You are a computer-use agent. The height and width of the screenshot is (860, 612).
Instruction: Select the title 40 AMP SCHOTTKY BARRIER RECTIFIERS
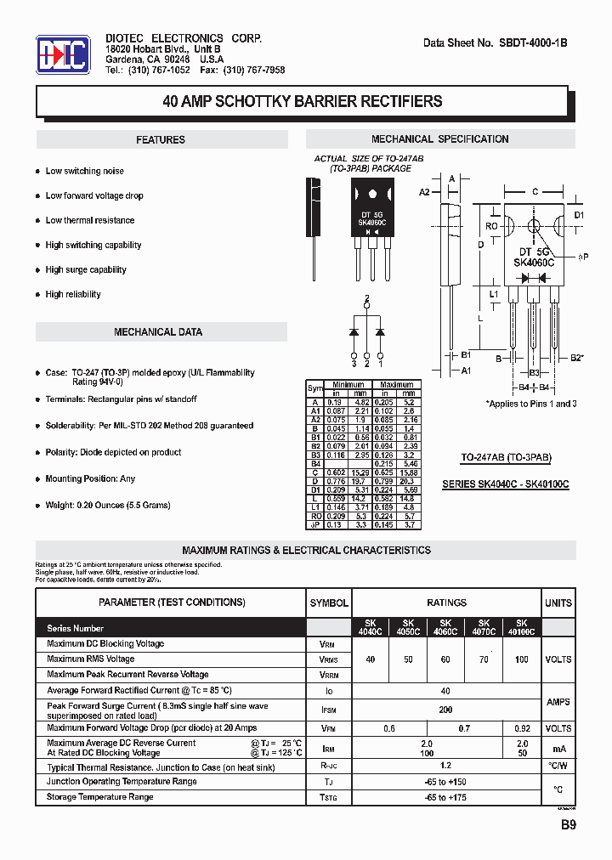(x=302, y=102)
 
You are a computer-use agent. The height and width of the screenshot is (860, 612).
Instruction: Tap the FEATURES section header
(x=161, y=140)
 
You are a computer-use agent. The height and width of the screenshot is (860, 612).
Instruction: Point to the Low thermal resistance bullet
(x=89, y=220)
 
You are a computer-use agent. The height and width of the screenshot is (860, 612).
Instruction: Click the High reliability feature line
(x=73, y=294)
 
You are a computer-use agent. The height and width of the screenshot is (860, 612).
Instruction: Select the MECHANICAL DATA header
(x=158, y=332)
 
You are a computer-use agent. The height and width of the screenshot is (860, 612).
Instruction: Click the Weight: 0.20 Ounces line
(x=108, y=505)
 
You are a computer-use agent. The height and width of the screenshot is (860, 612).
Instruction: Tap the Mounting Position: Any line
(x=90, y=478)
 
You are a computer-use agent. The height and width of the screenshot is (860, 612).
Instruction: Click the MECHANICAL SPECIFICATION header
(x=440, y=139)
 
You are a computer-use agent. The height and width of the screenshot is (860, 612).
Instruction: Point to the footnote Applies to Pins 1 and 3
(x=530, y=404)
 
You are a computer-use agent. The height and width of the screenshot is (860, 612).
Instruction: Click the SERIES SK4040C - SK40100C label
(x=505, y=484)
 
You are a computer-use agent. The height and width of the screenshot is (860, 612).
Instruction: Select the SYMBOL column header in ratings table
(x=328, y=603)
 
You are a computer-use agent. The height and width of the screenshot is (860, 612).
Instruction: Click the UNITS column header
(x=558, y=603)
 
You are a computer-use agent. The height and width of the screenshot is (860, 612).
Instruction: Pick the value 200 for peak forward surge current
(x=445, y=709)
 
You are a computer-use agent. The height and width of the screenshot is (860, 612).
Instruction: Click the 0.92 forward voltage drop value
(x=521, y=729)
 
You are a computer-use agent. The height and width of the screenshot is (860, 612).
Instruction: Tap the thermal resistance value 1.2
(x=445, y=766)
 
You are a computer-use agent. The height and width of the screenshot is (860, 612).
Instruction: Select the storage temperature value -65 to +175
(x=445, y=797)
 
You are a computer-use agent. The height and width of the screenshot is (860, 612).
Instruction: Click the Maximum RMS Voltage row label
(x=91, y=659)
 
